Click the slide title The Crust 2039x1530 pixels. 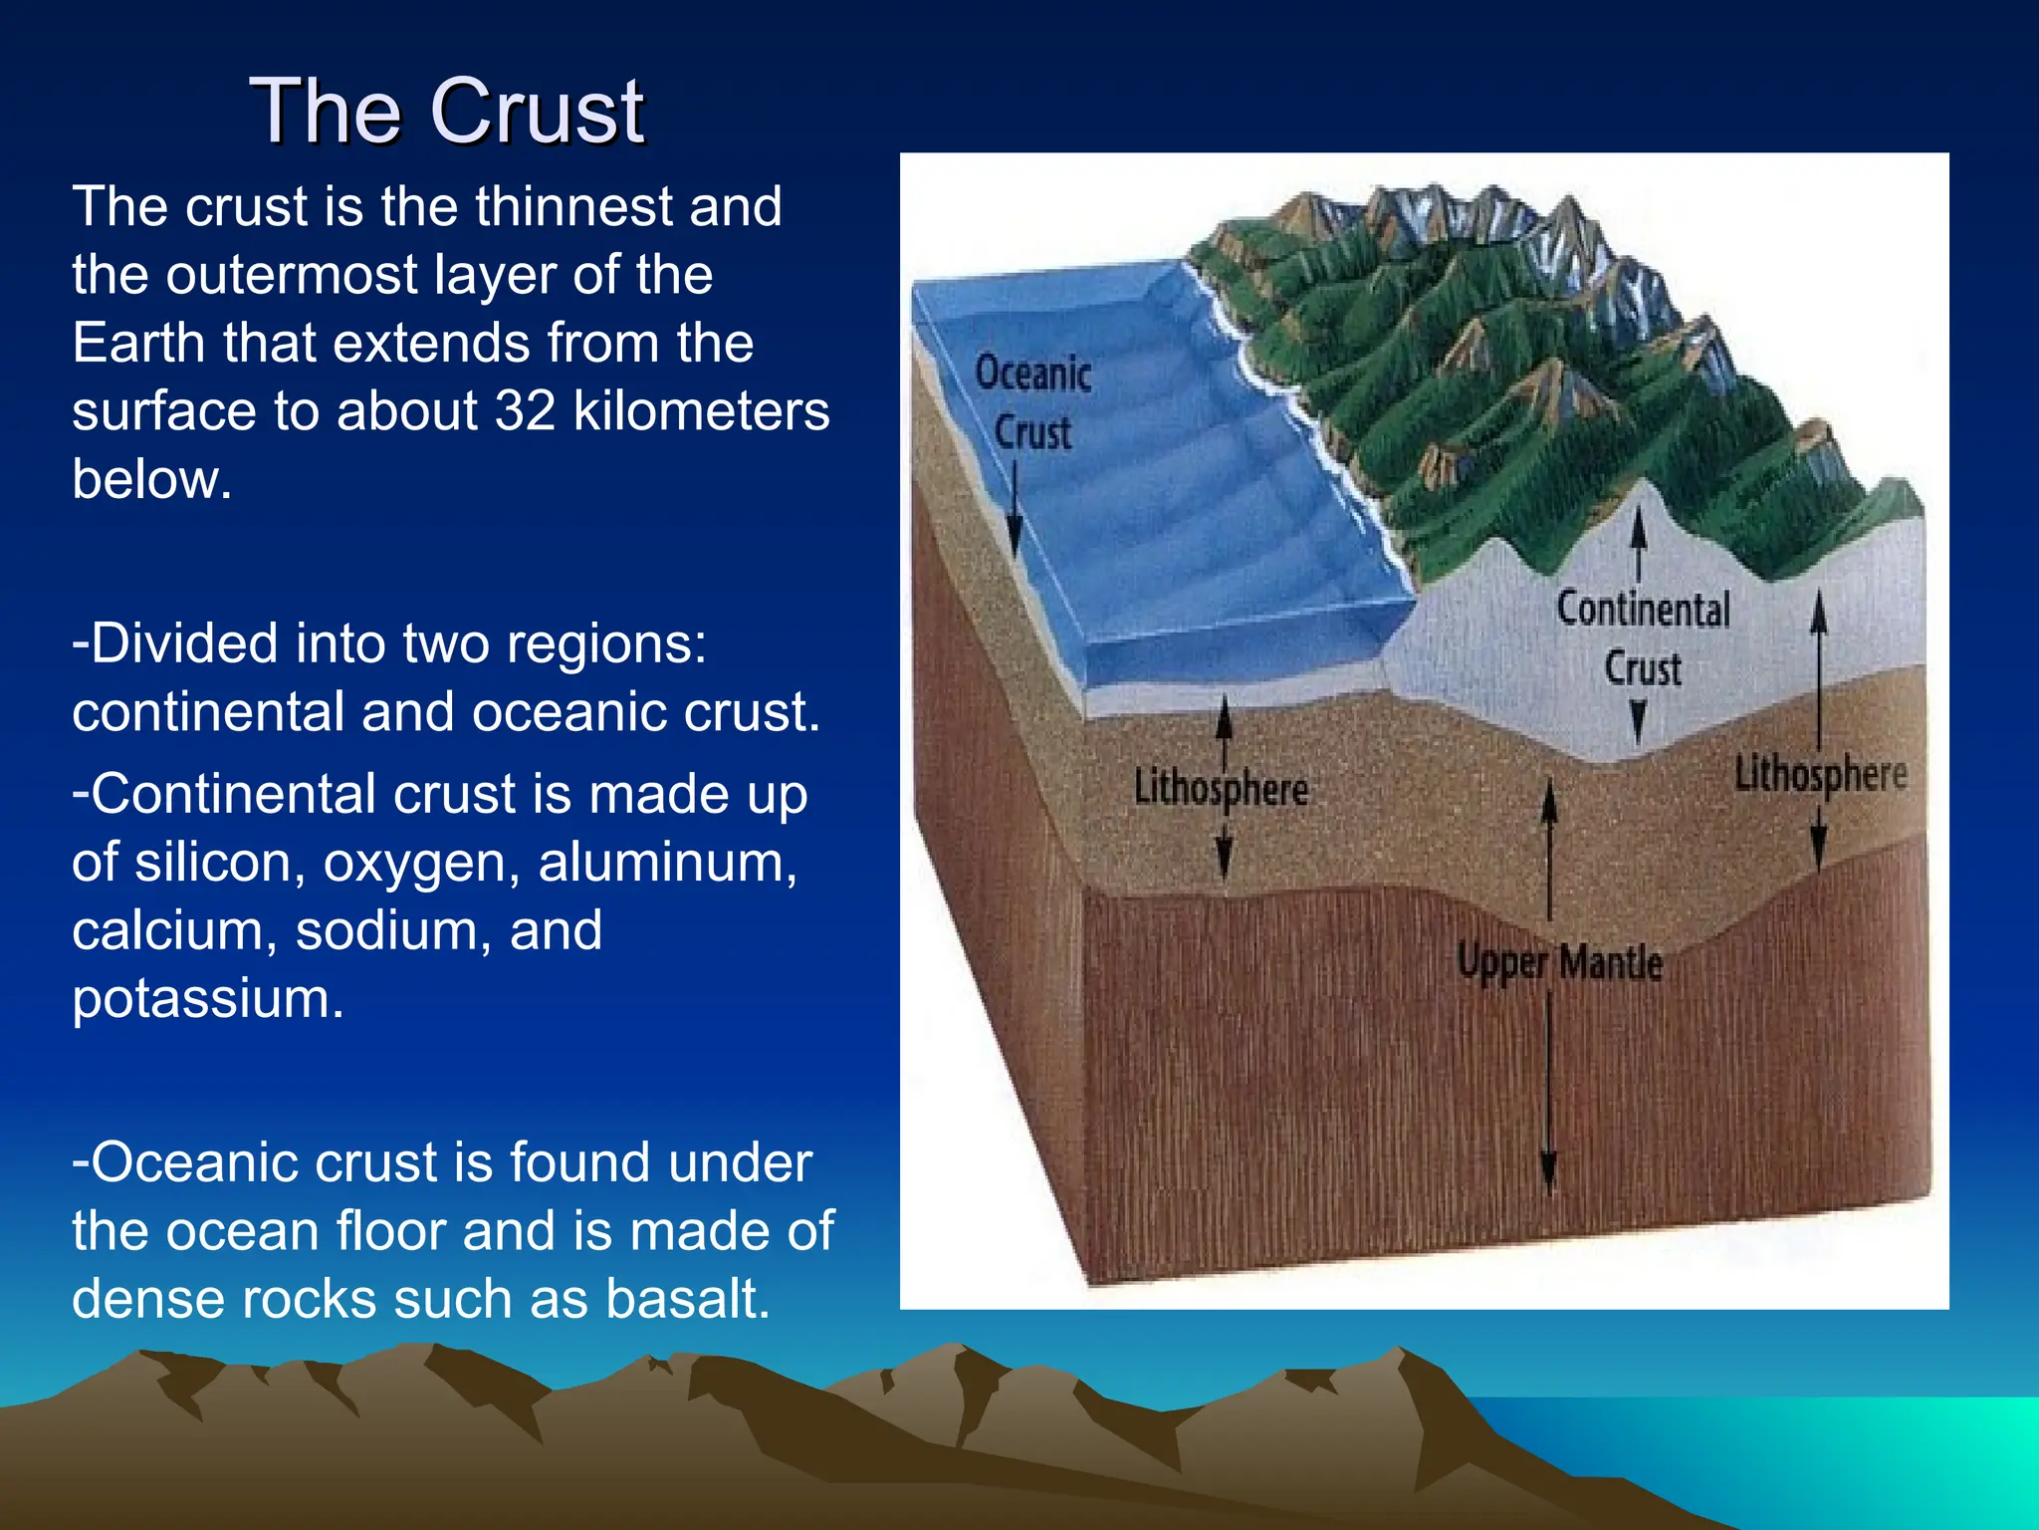pos(447,112)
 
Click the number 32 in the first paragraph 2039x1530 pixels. pos(525,410)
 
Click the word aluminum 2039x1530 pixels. pos(667,862)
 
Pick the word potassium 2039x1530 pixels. pos(207,999)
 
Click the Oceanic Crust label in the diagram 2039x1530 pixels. pos(1033,402)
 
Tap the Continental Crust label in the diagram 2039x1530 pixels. pos(1643,637)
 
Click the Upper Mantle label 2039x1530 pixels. pos(1559,963)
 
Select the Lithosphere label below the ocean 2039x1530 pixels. pos(1221,789)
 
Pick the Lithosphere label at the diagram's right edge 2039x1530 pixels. pos(1820,774)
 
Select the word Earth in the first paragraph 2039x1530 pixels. pos(139,343)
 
